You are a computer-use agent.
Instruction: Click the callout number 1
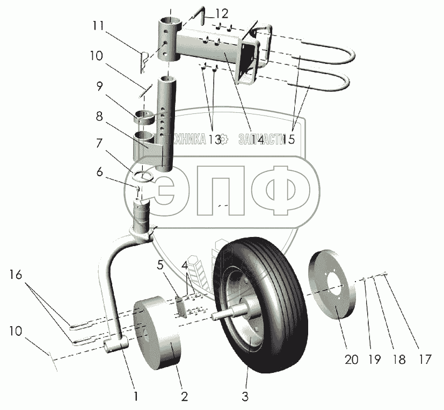(136, 397)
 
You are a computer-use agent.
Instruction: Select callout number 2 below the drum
(184, 397)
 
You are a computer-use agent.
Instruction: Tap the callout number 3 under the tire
(245, 397)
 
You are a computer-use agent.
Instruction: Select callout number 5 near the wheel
(160, 264)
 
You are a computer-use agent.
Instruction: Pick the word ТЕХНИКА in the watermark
(186, 139)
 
